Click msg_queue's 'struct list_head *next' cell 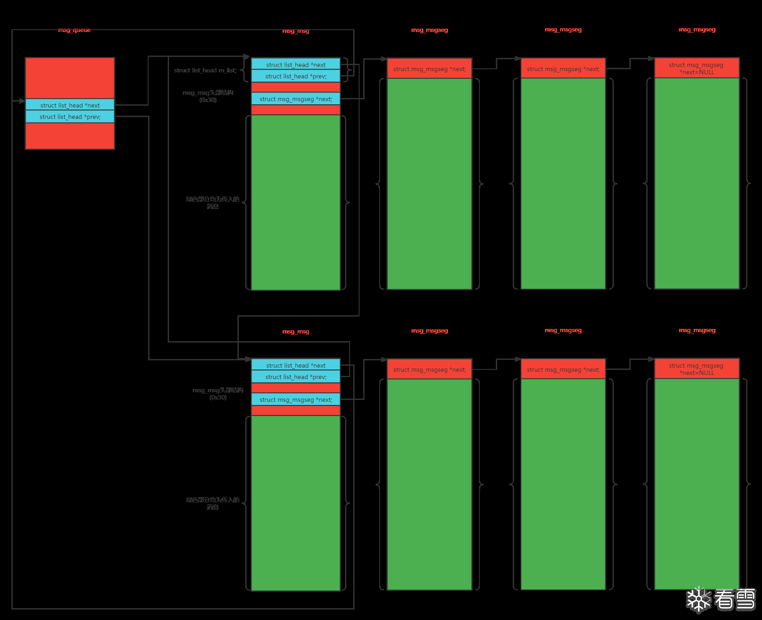coord(70,105)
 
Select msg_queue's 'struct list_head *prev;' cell coord(70,117)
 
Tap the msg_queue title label coord(74,30)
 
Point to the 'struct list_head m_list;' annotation coord(205,70)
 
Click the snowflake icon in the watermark coord(699,600)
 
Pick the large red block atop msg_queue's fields coord(70,78)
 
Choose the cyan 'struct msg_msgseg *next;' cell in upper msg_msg coord(296,99)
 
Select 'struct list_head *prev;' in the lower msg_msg coord(296,377)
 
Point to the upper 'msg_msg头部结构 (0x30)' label coord(208,96)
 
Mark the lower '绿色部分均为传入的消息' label coord(212,503)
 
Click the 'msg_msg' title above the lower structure coord(296,332)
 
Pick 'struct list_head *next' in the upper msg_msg coord(296,65)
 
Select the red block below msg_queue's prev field coord(70,136)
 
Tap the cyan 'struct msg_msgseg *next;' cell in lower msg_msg coord(296,400)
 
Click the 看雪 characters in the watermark coord(735,600)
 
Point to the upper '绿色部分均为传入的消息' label coord(212,203)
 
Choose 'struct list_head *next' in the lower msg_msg coord(296,365)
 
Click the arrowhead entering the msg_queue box coord(22,101)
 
